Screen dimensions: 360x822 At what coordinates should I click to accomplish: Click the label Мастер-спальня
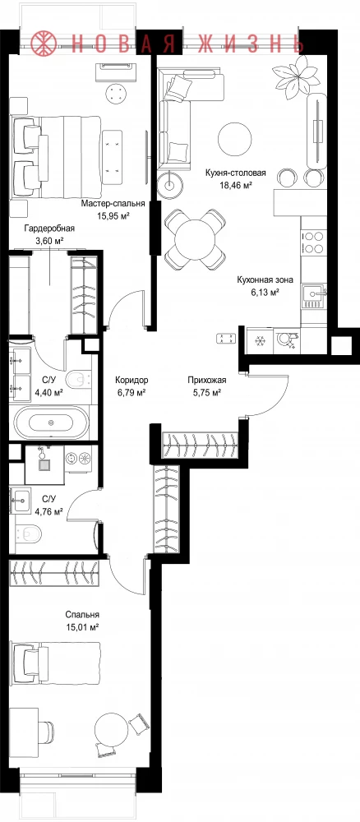coord(113,205)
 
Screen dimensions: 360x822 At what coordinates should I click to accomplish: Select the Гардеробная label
coord(49,229)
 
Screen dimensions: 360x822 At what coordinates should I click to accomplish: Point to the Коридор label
coord(132,381)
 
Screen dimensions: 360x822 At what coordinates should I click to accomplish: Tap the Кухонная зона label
coord(261,280)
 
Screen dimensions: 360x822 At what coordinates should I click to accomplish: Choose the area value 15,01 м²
coord(82,626)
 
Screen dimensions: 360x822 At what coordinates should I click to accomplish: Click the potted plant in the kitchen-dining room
coord(297,75)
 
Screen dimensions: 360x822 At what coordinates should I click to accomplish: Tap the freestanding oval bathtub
coord(50,422)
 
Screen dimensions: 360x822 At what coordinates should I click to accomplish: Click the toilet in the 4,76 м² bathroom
coord(30,533)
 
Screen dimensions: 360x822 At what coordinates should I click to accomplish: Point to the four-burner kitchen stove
coord(314,242)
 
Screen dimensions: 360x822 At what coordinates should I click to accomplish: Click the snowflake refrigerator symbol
coord(258,341)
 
